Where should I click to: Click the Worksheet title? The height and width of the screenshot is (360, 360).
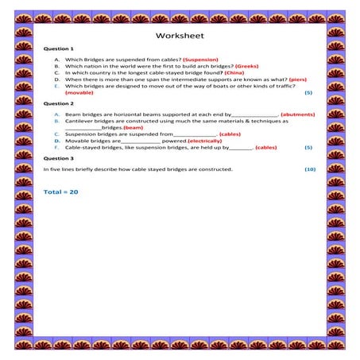pyautogui.click(x=180, y=37)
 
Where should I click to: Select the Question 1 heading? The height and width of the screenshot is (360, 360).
pyautogui.click(x=58, y=49)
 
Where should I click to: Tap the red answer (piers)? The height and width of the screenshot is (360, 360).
pyautogui.click(x=297, y=79)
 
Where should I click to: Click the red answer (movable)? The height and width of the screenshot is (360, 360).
pyautogui.click(x=79, y=93)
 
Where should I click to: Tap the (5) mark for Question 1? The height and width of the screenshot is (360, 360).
pyautogui.click(x=308, y=93)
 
